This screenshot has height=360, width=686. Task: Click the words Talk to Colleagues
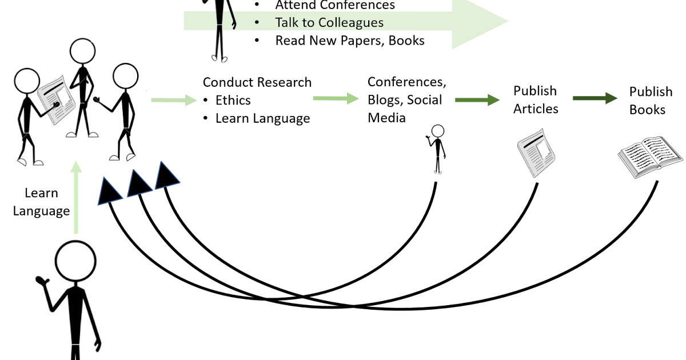tap(329, 22)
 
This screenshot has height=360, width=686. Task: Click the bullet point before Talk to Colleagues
tap(257, 22)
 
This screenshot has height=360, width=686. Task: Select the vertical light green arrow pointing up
tap(76, 197)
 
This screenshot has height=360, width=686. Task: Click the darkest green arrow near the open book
tap(595, 98)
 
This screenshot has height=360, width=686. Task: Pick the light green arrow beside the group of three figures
tap(174, 101)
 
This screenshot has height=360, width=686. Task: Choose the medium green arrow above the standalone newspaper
tap(477, 100)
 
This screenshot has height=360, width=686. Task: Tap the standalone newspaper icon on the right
tap(536, 153)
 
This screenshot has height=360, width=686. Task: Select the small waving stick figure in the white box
tap(436, 149)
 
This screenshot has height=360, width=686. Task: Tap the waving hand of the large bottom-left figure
tap(41, 281)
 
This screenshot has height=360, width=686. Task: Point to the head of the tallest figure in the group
tap(83, 50)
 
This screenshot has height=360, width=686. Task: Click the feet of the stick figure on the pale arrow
tap(219, 58)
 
